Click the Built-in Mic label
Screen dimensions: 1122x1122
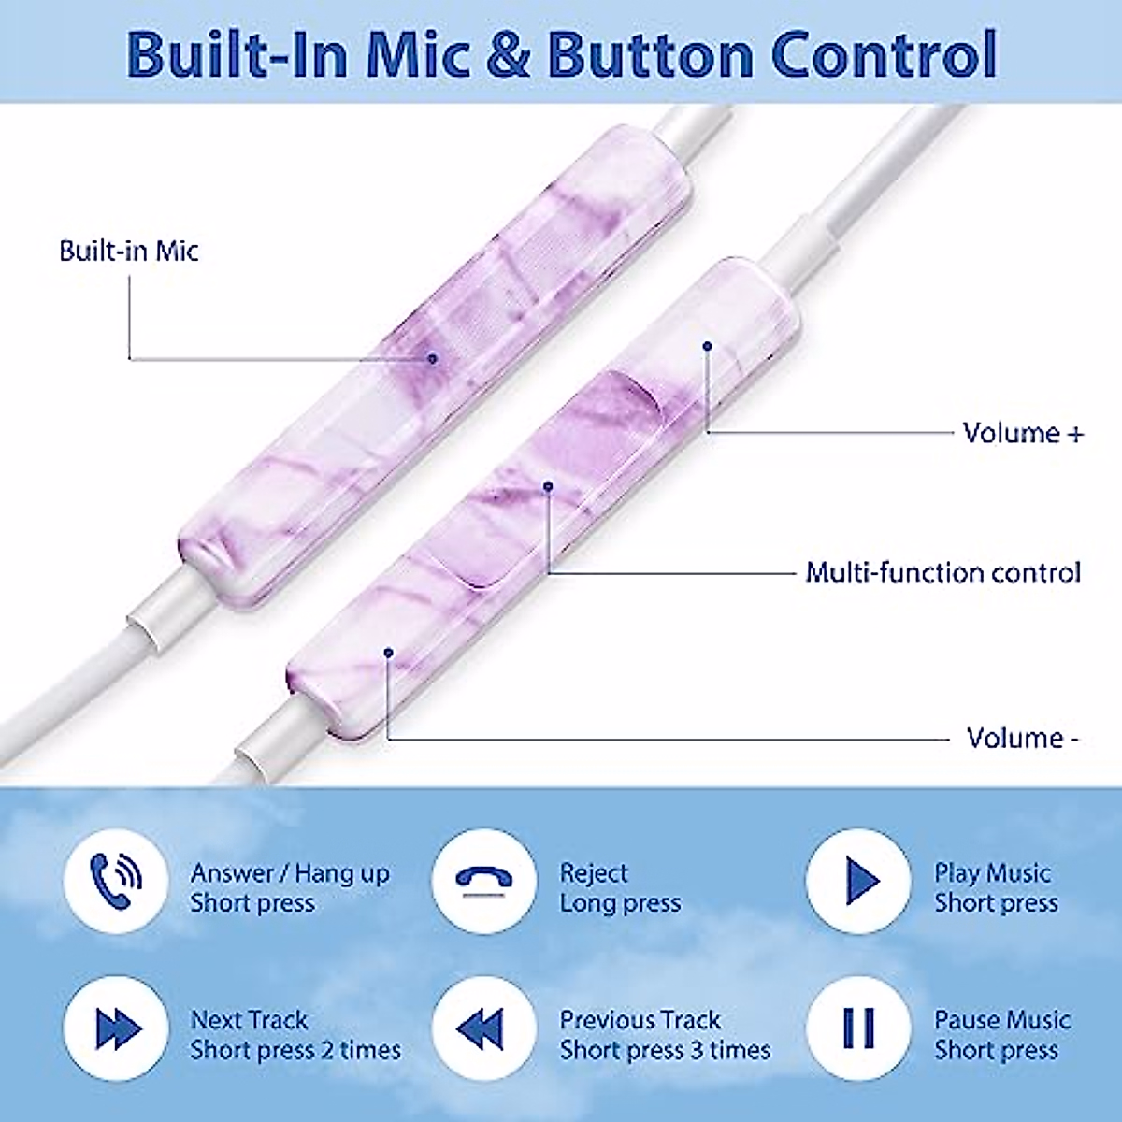[x=129, y=251]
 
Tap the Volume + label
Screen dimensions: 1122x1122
[x=1023, y=433]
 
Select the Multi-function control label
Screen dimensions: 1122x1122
[x=942, y=572]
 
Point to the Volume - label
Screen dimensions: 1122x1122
[x=1023, y=739]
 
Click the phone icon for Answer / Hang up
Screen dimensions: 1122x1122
[x=116, y=881]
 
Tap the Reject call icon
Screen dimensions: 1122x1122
[x=484, y=881]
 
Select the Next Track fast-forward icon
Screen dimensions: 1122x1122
[x=116, y=1028]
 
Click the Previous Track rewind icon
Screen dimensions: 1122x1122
[x=484, y=1028]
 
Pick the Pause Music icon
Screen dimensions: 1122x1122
[x=858, y=1028]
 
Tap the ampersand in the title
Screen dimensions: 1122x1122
[x=508, y=54]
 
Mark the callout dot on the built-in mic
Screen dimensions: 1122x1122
[x=432, y=358]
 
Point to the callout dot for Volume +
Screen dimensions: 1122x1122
[x=708, y=346]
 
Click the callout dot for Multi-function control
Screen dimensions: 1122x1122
[x=549, y=485]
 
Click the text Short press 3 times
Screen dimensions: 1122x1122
[x=665, y=1050]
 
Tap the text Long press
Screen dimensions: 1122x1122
[x=620, y=903]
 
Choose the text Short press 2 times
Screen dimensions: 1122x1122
[x=295, y=1050]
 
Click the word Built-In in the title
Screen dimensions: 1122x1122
[x=237, y=54]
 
